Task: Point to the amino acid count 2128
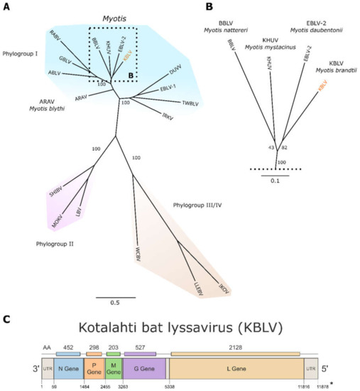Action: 236,341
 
